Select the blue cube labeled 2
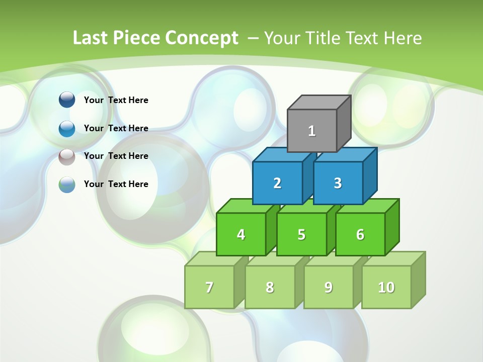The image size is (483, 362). click(x=277, y=183)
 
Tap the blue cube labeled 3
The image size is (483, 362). click(x=338, y=183)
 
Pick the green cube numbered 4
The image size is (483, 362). click(x=241, y=234)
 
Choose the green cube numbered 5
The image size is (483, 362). click(x=301, y=234)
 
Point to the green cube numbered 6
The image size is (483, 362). click(x=360, y=234)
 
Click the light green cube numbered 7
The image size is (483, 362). click(x=209, y=287)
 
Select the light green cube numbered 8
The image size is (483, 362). click(x=270, y=287)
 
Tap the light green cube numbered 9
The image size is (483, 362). click(x=329, y=287)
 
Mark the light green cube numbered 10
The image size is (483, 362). click(x=386, y=287)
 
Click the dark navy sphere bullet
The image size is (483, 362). click(x=67, y=100)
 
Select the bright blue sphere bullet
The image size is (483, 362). click(x=67, y=128)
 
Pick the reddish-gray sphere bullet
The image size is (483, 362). click(x=67, y=156)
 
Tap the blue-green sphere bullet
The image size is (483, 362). click(x=67, y=185)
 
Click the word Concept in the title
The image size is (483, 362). click(x=201, y=38)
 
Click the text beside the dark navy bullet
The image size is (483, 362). click(x=116, y=100)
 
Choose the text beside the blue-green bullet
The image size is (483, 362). click(x=116, y=184)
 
